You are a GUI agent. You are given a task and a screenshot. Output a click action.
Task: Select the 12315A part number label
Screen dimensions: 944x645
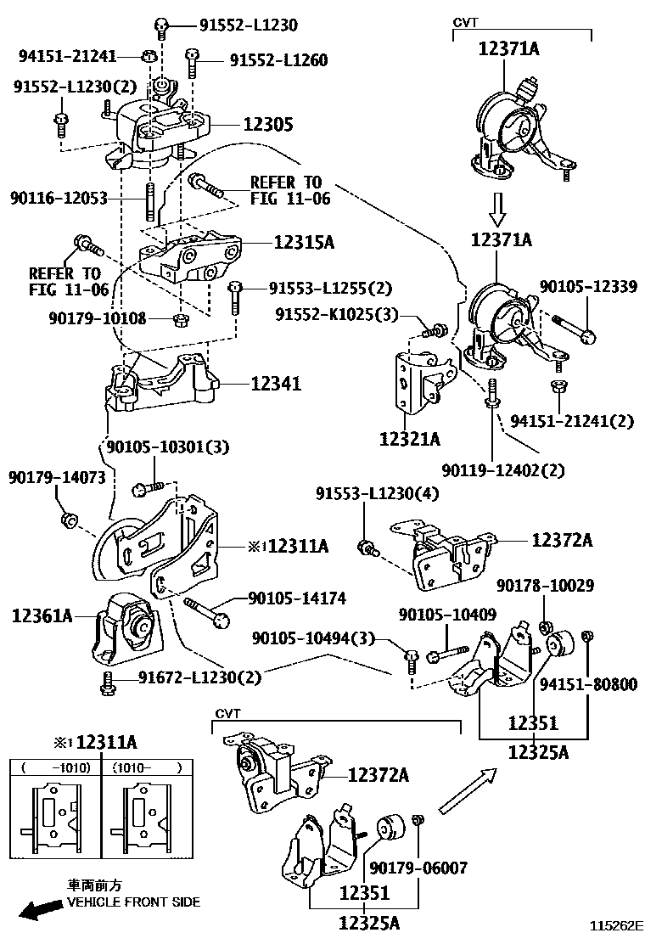pos(303,243)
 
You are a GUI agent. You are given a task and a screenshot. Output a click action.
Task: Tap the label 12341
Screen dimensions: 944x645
pos(276,385)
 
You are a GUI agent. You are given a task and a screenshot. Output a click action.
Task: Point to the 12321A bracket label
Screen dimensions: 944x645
pos(410,439)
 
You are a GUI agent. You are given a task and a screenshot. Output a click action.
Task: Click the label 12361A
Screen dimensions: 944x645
pos(42,615)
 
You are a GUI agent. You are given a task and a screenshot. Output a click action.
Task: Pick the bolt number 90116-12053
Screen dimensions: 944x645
pos(59,199)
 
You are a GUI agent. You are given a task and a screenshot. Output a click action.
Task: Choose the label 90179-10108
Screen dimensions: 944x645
pos(98,318)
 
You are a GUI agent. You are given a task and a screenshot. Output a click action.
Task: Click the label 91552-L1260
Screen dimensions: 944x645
pos(277,60)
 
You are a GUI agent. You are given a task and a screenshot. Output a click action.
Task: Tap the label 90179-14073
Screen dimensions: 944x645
pos(58,478)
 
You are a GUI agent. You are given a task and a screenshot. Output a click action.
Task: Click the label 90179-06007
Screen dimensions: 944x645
pos(418,868)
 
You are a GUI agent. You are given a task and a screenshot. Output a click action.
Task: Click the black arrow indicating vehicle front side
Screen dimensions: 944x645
pos(39,911)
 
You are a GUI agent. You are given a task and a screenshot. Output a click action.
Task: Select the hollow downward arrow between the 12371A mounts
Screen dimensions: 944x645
pos(498,206)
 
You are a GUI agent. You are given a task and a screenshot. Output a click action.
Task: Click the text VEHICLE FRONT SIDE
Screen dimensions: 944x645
pos(134,902)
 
